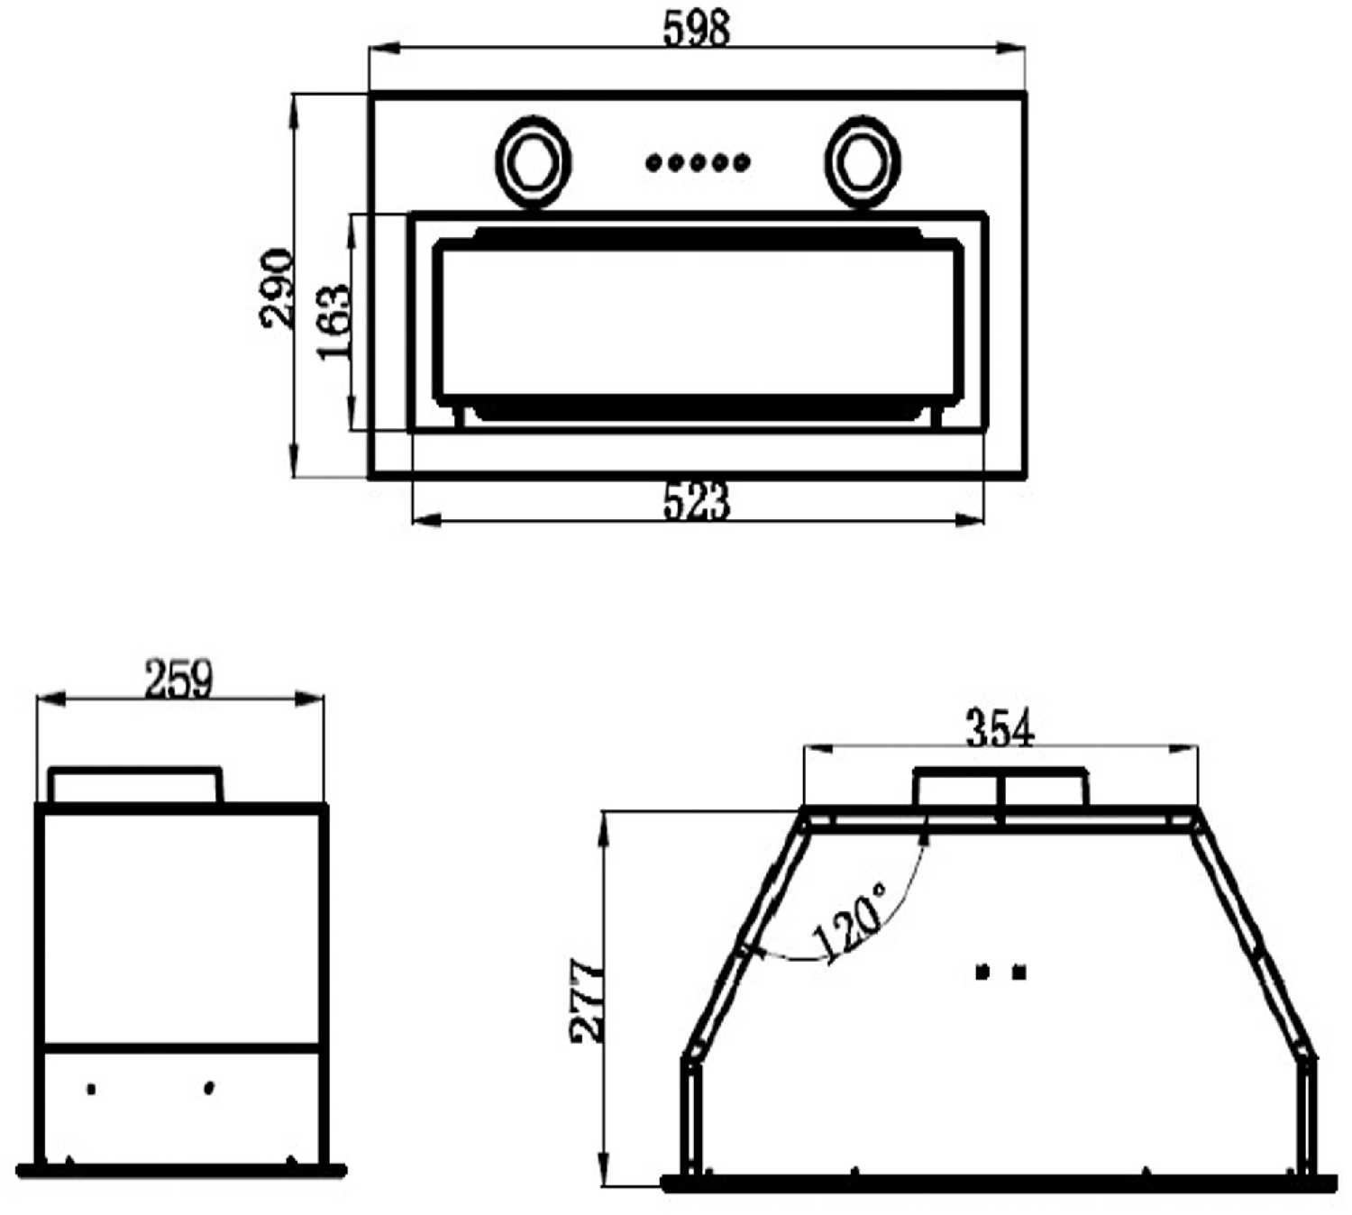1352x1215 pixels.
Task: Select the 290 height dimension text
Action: (x=277, y=288)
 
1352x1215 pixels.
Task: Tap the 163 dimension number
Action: (x=333, y=323)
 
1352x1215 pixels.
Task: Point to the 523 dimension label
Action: (x=696, y=502)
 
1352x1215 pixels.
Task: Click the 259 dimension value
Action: (x=178, y=679)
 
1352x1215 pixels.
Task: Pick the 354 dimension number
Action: (x=1000, y=728)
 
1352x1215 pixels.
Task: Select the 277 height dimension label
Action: (x=587, y=1000)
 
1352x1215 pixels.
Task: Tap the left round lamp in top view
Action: (x=533, y=162)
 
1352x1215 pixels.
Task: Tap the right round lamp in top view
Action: (x=862, y=162)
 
